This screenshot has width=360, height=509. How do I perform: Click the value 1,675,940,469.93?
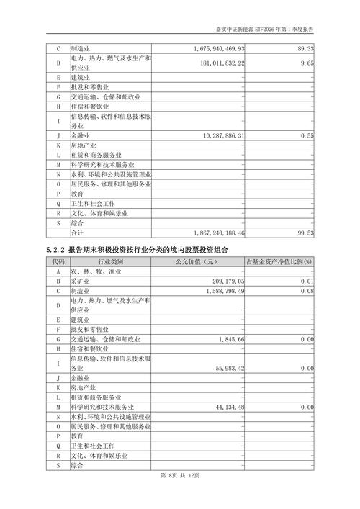coord(220,48)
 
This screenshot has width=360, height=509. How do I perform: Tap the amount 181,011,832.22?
coord(222,63)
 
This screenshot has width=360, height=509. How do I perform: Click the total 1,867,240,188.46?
coord(220,233)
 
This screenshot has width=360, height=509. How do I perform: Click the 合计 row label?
coord(77,233)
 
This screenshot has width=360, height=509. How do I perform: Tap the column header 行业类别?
coord(110,261)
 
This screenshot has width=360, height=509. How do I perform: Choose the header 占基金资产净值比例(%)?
coord(279,261)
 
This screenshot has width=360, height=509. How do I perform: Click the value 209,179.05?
coord(225,281)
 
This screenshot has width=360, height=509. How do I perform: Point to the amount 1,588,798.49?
coord(222,292)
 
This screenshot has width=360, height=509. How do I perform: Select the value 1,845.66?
coord(231,338)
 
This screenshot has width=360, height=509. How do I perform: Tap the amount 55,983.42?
coord(228,368)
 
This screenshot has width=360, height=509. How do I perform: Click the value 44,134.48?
coord(228,407)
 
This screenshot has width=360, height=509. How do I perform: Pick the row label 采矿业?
coord(81,281)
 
